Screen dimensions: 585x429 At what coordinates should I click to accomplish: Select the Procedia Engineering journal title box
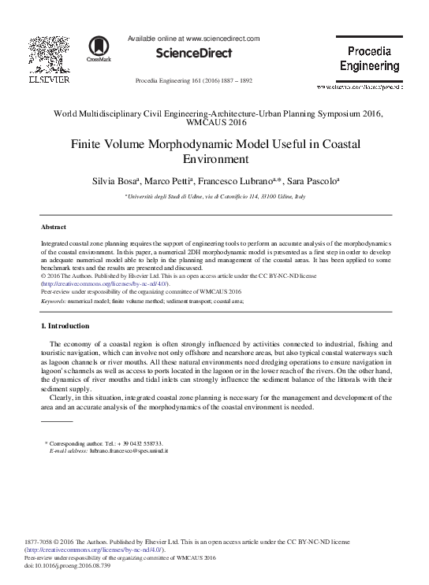[x=369, y=59]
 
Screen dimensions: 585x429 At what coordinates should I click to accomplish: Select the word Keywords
[x=54, y=300]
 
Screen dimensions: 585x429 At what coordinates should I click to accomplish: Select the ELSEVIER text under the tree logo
[x=50, y=79]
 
